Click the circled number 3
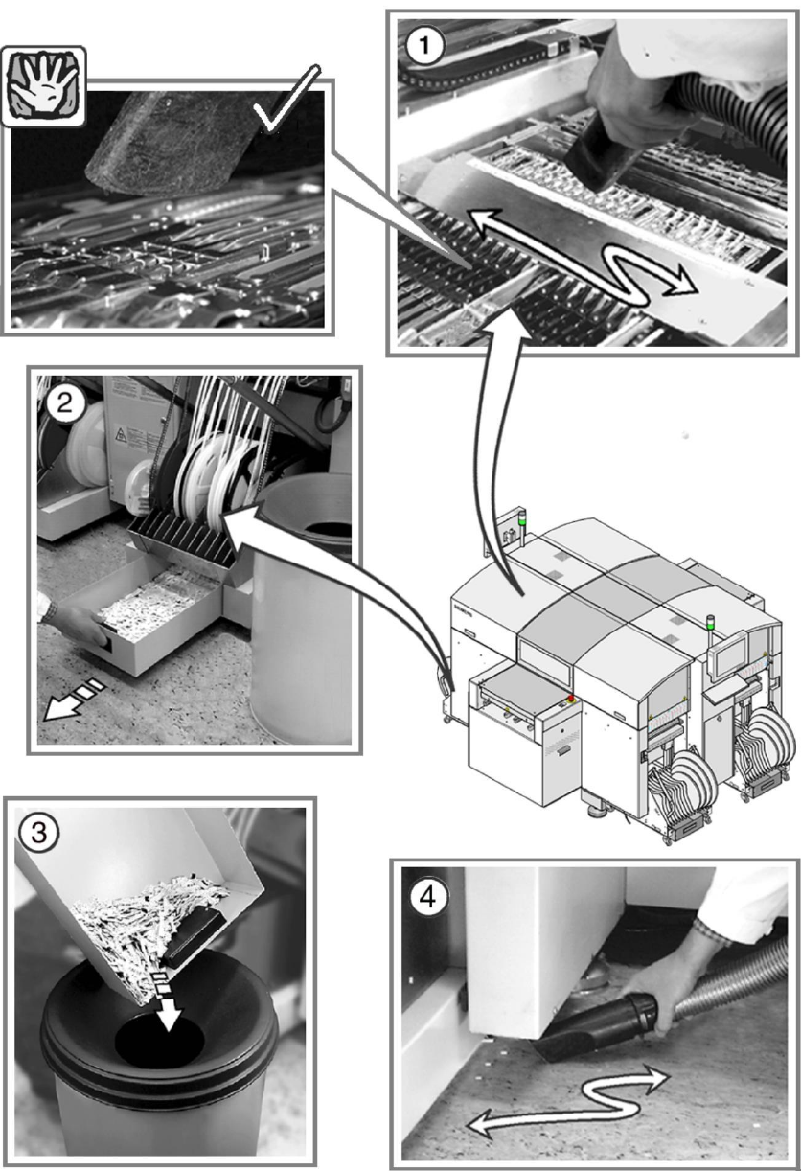[38, 832]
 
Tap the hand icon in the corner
[45, 74]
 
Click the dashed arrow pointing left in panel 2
[72, 696]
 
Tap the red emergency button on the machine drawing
[571, 697]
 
